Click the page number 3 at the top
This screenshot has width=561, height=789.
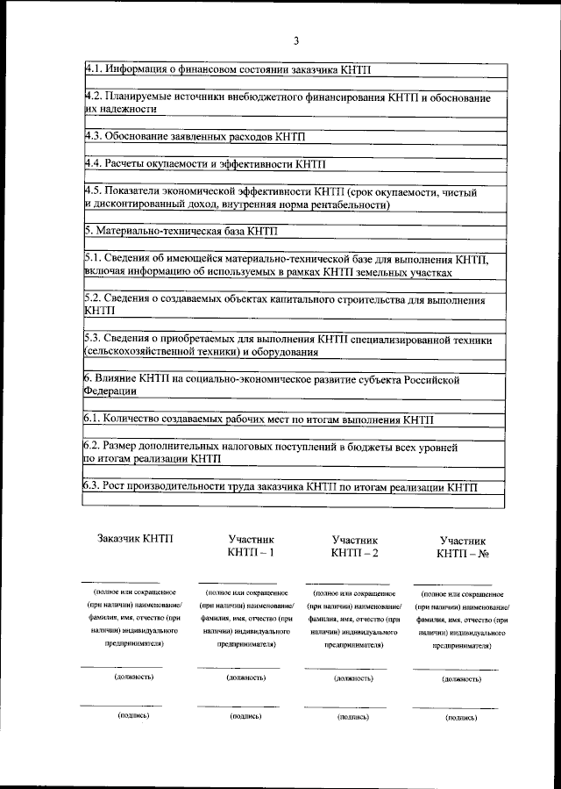tap(296, 41)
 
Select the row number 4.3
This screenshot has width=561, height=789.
tap(94, 137)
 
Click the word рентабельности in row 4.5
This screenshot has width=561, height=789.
tap(346, 204)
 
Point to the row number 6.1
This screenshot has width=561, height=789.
tap(94, 420)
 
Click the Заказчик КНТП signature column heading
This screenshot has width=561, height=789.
tap(136, 538)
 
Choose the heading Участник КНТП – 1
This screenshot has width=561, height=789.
tap(251, 546)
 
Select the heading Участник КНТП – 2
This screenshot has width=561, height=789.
tap(355, 546)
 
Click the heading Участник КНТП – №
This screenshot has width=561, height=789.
tap(462, 547)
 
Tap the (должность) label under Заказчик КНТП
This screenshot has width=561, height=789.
tap(134, 677)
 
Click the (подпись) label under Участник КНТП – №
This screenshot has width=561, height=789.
tap(461, 717)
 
